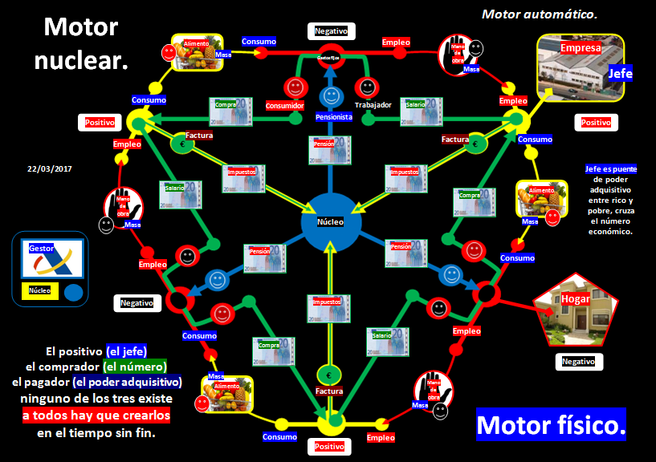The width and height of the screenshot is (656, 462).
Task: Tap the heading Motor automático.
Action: (539, 14)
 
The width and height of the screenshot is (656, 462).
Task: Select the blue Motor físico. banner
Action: (551, 424)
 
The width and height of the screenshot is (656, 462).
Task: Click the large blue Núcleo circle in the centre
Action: (328, 221)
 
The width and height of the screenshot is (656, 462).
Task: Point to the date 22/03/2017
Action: (50, 169)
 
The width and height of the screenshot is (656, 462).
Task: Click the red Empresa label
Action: (580, 47)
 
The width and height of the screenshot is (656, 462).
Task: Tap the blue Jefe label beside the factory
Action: (621, 74)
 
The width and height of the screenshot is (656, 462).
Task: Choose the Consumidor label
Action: (284, 105)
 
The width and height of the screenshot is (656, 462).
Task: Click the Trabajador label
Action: (373, 105)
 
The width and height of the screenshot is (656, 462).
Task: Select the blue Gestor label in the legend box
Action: (42, 249)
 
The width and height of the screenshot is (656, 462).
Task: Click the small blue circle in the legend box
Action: (73, 292)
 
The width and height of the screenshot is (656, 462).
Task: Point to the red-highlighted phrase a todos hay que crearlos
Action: (96, 415)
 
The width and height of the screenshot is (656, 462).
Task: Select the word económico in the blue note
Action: (611, 231)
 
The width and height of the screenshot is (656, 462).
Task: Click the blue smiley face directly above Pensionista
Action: (330, 96)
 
